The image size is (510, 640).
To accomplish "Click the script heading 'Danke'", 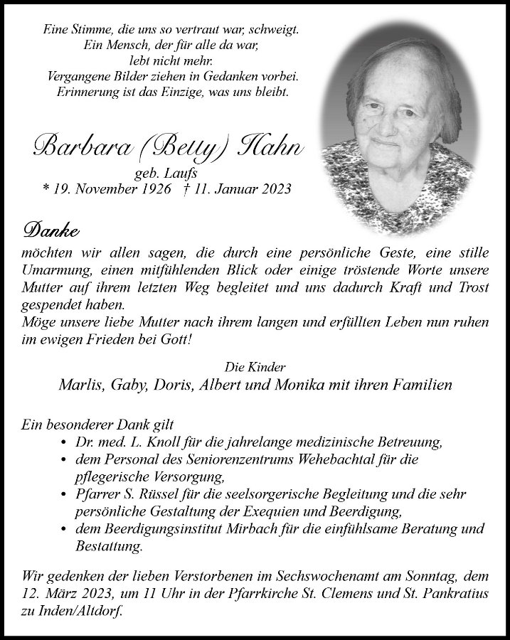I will click(51, 230).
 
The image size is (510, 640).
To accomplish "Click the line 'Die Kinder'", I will click(255, 368).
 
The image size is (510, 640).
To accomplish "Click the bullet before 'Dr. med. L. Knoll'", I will click(65, 442).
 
